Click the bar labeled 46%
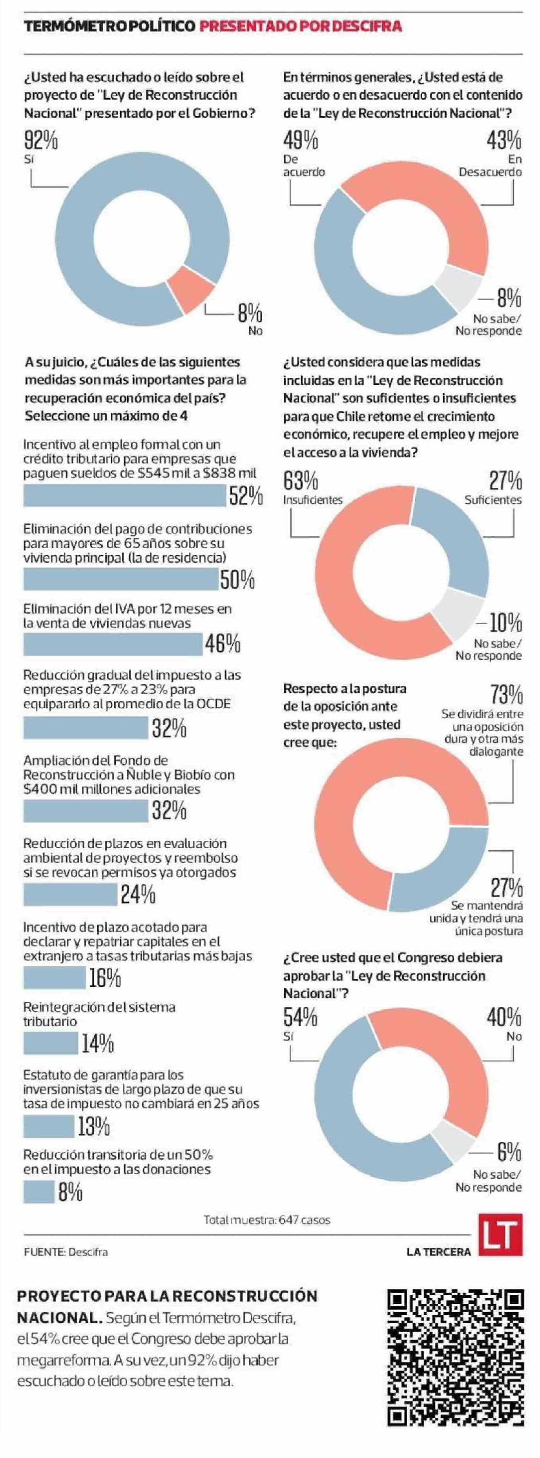tap(113, 643)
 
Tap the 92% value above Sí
tap(41, 140)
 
